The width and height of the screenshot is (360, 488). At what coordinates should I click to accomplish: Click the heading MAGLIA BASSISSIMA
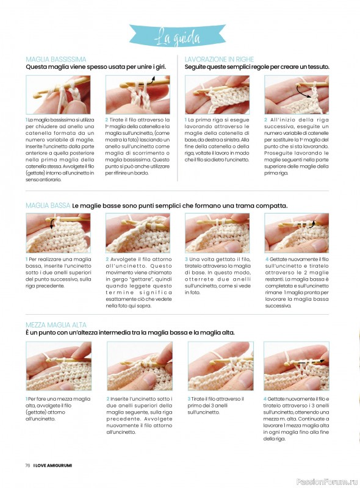[56, 59]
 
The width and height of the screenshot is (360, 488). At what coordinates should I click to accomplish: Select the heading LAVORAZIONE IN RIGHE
[219, 59]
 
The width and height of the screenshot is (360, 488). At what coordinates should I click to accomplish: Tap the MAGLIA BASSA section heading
[48, 206]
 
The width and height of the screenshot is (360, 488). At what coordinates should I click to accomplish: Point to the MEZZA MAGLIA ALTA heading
[56, 325]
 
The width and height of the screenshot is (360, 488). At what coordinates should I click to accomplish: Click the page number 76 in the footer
[27, 465]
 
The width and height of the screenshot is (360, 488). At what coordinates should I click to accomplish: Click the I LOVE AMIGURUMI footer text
[52, 465]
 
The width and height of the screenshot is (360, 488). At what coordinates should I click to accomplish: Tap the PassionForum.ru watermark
[327, 482]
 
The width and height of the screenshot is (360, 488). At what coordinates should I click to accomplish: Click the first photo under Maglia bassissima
[58, 95]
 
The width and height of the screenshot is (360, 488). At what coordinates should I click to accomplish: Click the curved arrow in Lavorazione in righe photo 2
[303, 90]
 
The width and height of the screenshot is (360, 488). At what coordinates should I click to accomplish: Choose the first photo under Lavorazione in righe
[217, 95]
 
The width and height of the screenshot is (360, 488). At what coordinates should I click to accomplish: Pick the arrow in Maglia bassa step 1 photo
[52, 223]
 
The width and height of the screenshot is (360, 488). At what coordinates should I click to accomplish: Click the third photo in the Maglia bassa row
[217, 233]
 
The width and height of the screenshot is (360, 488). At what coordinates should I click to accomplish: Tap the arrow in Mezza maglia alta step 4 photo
[313, 362]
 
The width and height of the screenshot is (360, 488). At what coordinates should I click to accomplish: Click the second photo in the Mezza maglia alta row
[140, 366]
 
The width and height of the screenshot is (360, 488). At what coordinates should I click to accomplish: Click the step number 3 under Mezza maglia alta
[189, 399]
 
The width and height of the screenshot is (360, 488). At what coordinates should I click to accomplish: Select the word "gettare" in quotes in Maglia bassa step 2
[142, 279]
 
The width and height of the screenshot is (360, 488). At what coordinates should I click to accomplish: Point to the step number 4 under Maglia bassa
[267, 259]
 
